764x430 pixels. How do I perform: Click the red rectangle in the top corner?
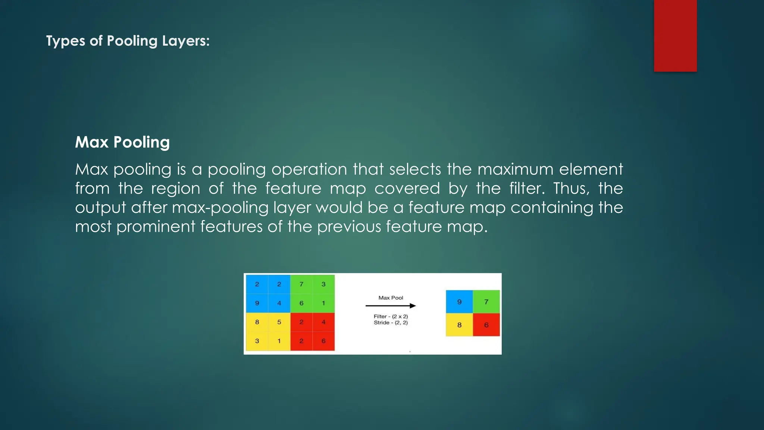pyautogui.click(x=675, y=35)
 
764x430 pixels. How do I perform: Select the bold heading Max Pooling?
pyautogui.click(x=122, y=142)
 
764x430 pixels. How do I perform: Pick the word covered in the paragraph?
pyautogui.click(x=407, y=188)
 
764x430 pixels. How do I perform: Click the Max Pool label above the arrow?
pyautogui.click(x=391, y=298)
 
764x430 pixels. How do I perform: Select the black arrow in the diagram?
pyautogui.click(x=391, y=306)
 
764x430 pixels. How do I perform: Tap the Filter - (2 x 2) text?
pyautogui.click(x=391, y=317)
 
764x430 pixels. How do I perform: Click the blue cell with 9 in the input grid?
pyautogui.click(x=257, y=303)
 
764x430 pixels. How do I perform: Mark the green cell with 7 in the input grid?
pyautogui.click(x=301, y=284)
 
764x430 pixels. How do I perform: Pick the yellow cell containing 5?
pyautogui.click(x=279, y=322)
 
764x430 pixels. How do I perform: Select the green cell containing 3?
pyautogui.click(x=323, y=284)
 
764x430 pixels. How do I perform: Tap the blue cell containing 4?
pyautogui.click(x=279, y=303)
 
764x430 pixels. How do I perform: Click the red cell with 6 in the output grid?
pyautogui.click(x=486, y=325)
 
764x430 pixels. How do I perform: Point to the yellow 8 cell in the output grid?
pyautogui.click(x=459, y=325)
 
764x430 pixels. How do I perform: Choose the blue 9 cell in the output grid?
pyautogui.click(x=459, y=302)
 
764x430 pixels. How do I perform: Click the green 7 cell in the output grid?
pyautogui.click(x=486, y=302)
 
